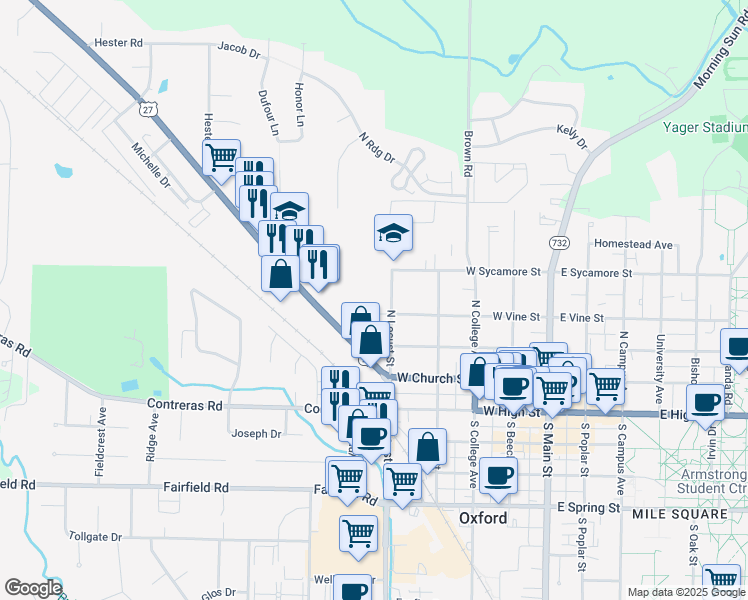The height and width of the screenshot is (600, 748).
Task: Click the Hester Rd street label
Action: (x=118, y=43)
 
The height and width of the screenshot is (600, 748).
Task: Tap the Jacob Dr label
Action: (x=238, y=47)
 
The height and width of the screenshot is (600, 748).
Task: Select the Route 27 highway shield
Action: (x=149, y=109)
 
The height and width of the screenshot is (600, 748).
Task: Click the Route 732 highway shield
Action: (x=559, y=242)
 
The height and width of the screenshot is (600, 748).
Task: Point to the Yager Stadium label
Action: (x=705, y=128)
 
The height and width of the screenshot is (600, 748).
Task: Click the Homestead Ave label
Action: (x=633, y=244)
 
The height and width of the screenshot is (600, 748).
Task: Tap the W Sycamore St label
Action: (x=502, y=271)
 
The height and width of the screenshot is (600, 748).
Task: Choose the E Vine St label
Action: (x=581, y=317)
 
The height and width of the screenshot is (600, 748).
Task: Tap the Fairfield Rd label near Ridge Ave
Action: (x=196, y=487)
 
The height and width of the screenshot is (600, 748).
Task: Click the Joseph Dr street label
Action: (x=256, y=434)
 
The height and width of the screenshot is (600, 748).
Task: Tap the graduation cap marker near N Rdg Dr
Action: (x=393, y=234)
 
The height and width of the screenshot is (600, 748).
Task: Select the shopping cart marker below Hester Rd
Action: (x=221, y=156)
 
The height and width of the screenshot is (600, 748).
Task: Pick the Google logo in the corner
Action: (x=33, y=588)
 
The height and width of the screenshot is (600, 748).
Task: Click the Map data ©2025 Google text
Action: (x=686, y=592)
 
